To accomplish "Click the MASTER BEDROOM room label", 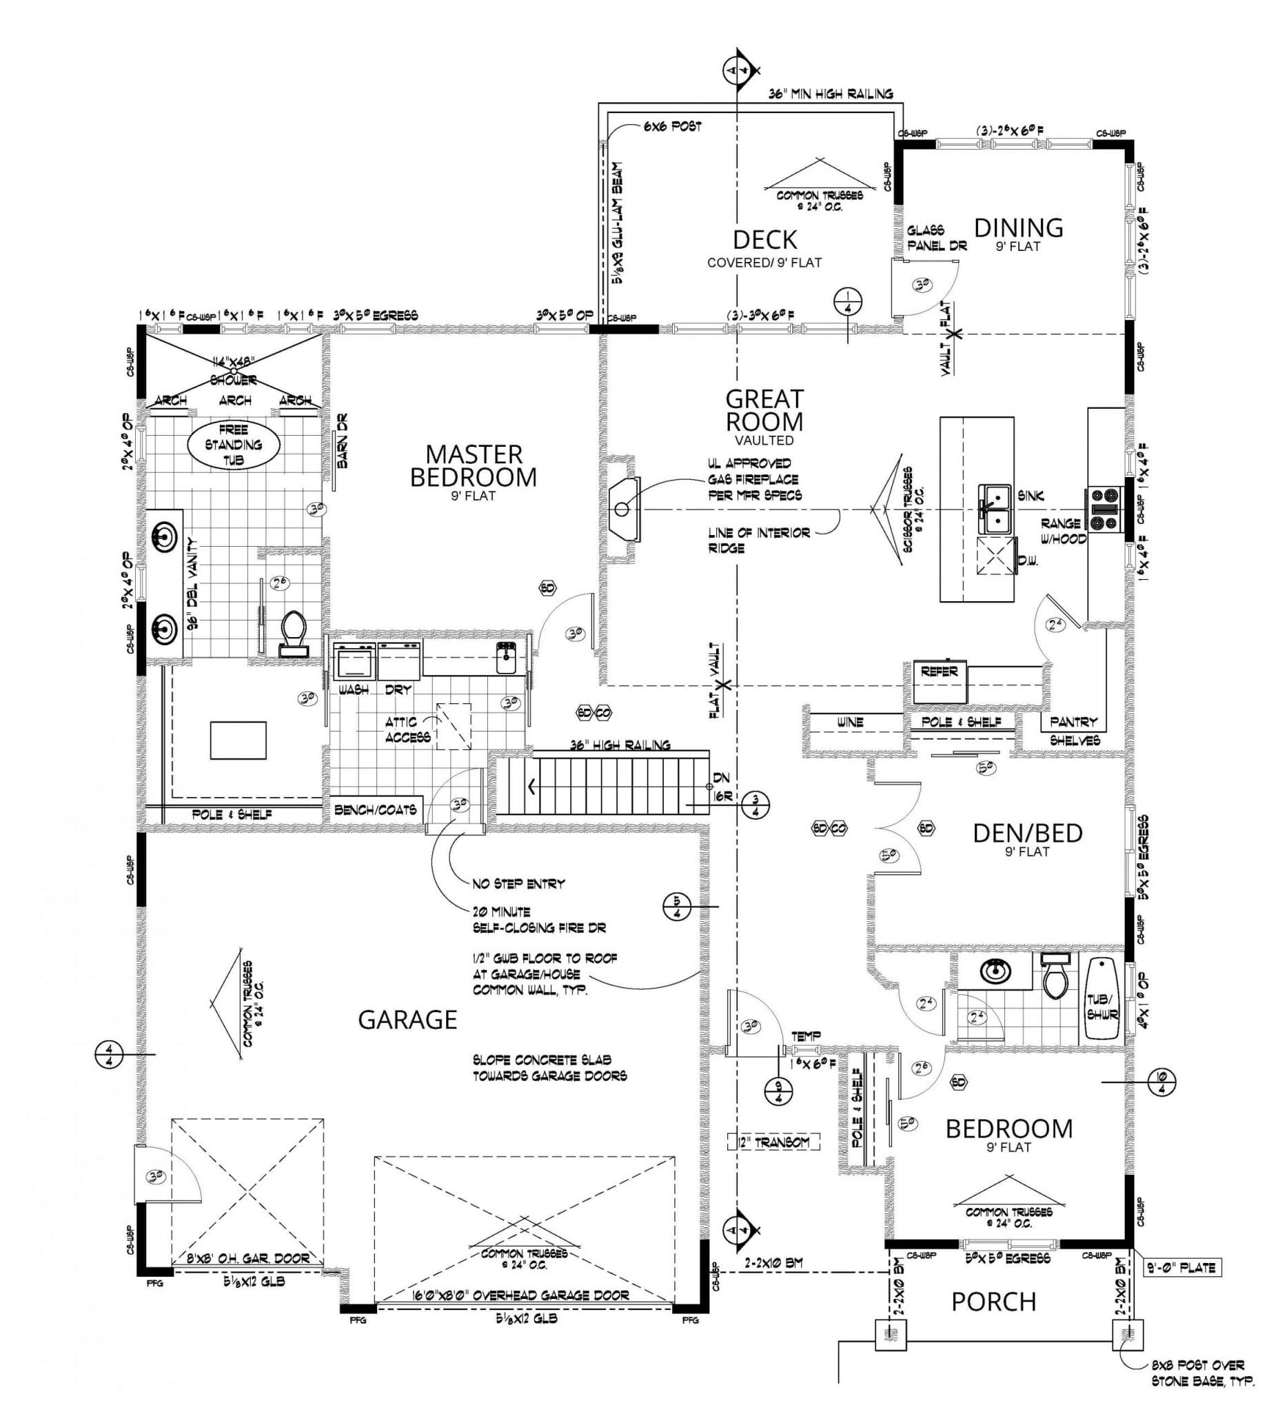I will (474, 466).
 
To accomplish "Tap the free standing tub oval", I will (234, 444).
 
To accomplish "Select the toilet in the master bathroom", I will (294, 631).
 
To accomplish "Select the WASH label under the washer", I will (354, 690).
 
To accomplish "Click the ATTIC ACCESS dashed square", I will (454, 726).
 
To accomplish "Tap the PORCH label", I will (993, 1301).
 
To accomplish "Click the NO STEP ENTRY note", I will (518, 884).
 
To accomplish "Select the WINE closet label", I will (849, 722).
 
